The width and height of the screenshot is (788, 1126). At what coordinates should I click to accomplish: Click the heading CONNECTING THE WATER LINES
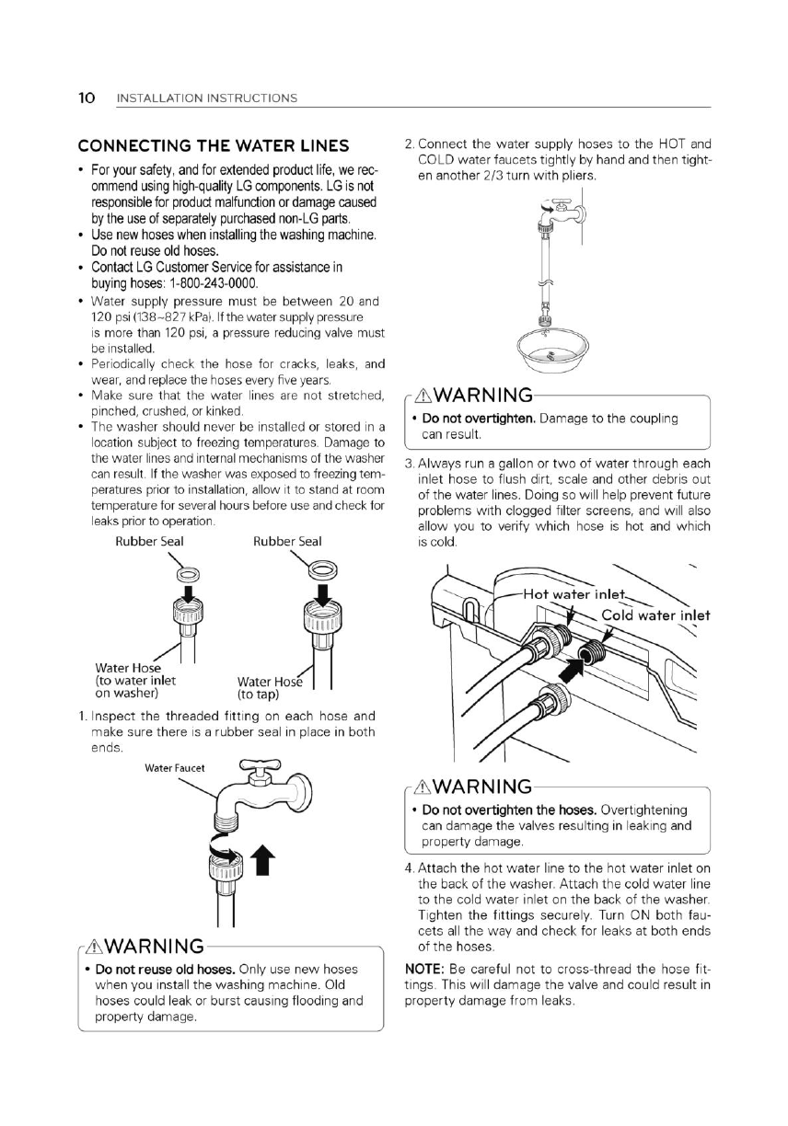coord(213,146)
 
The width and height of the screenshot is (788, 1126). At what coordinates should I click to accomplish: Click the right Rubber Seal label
coord(287,541)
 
